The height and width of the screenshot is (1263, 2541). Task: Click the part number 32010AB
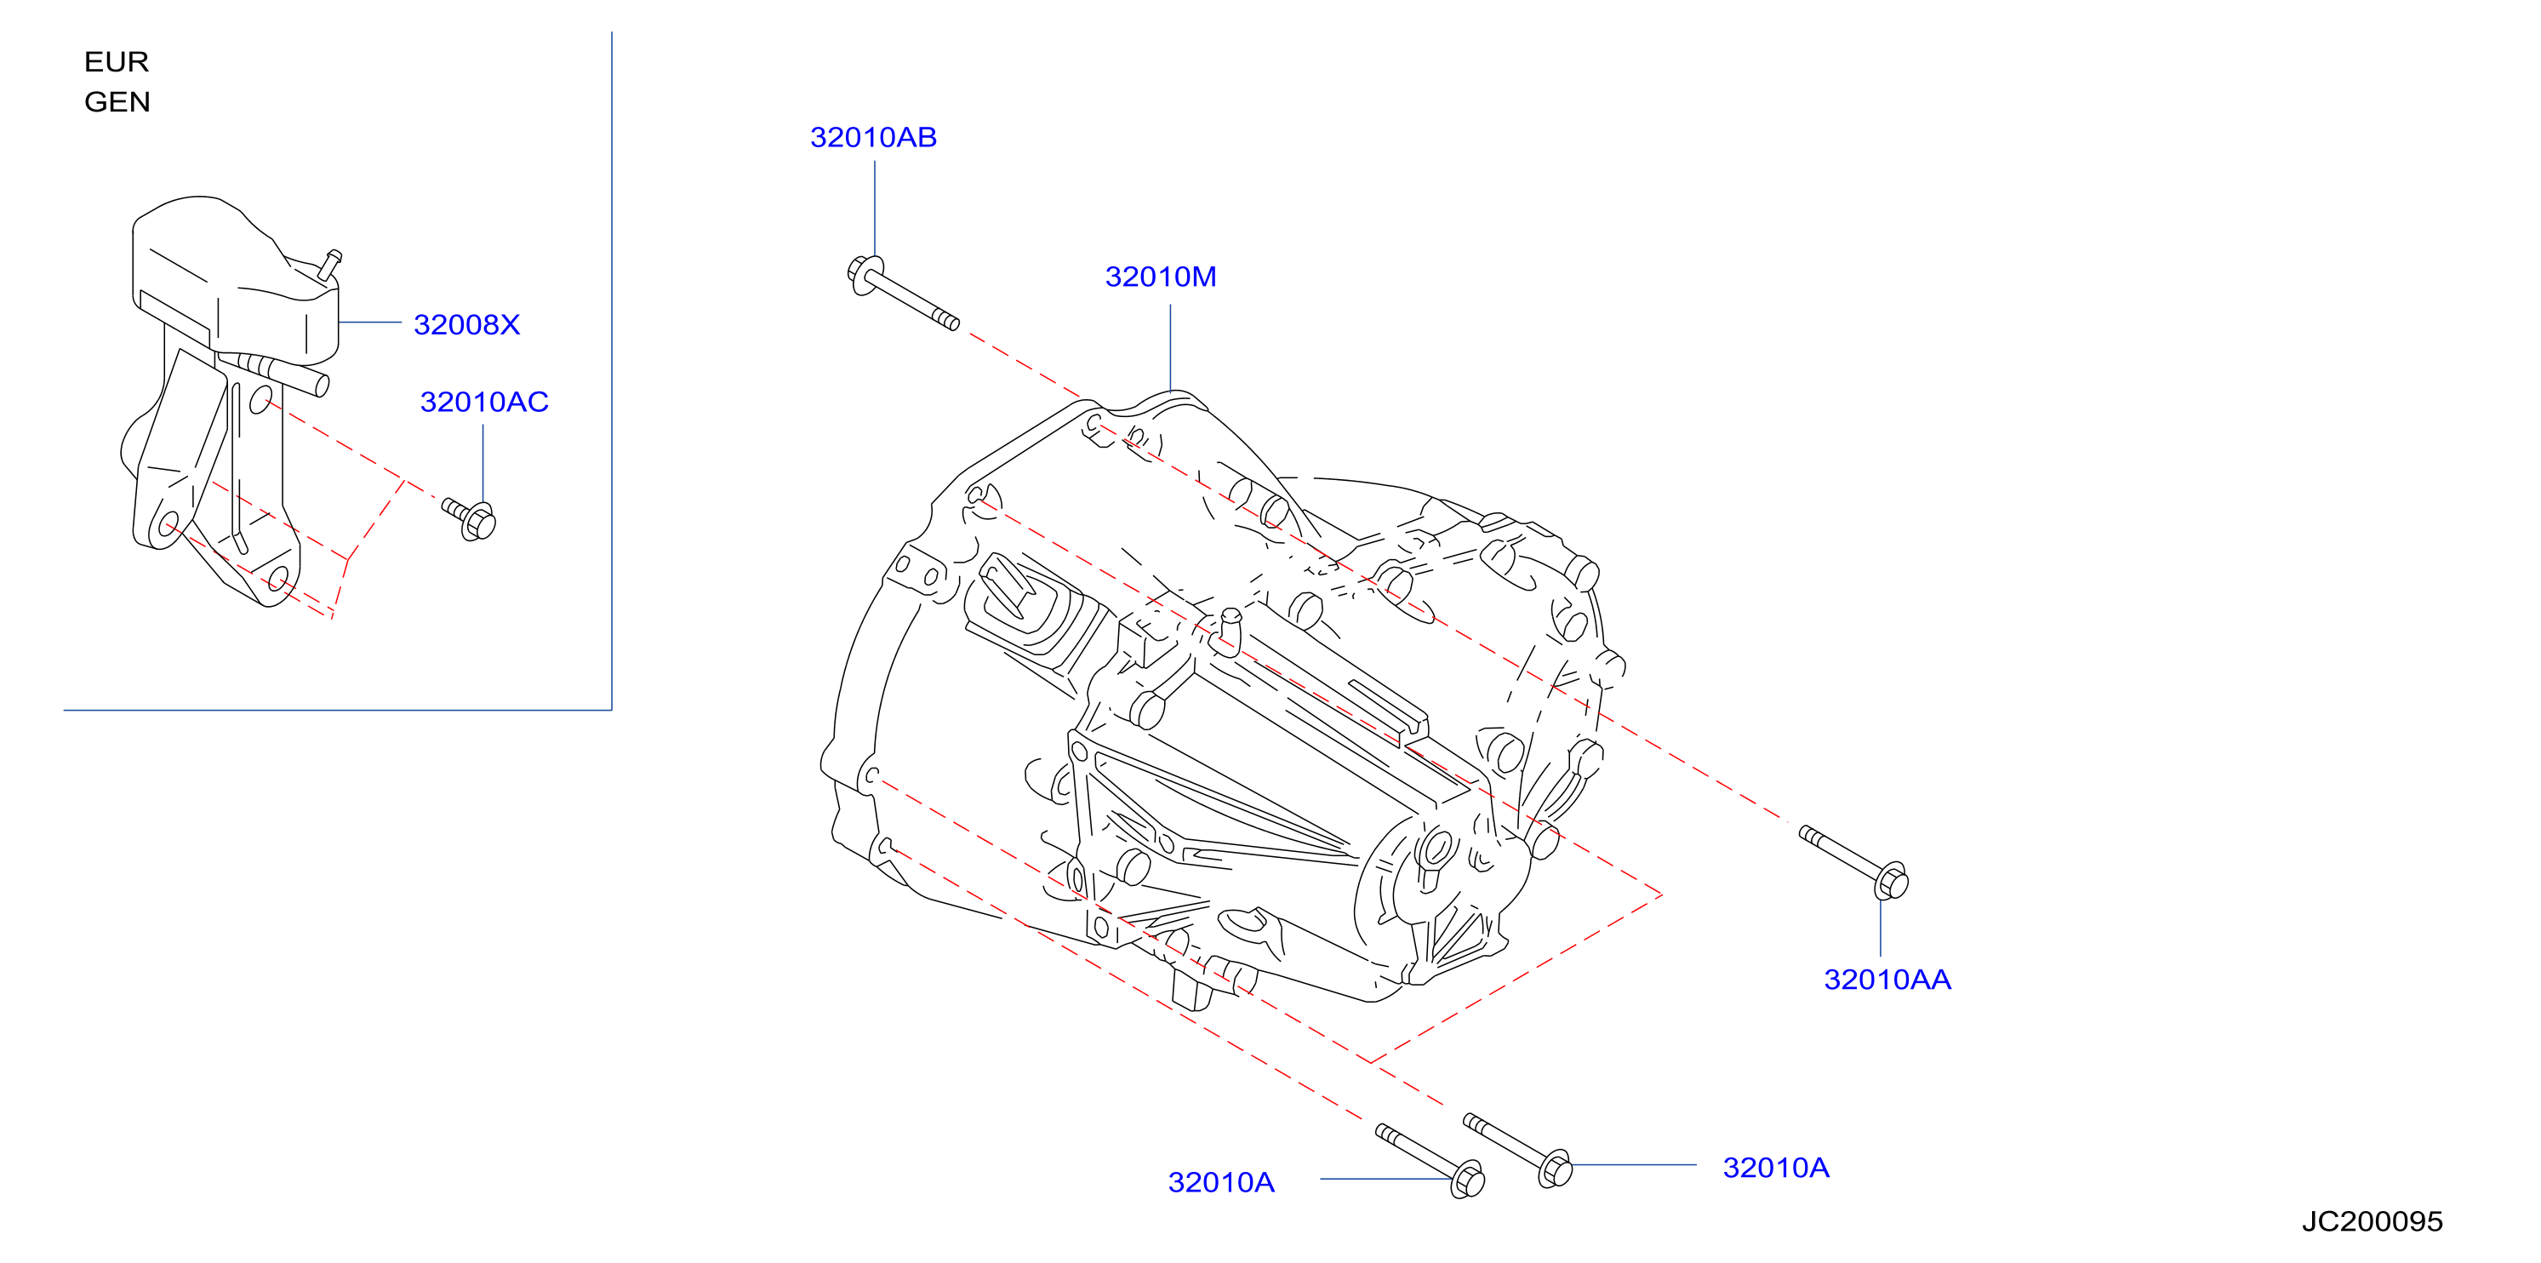coord(873,137)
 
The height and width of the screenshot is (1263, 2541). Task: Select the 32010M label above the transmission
coord(1160,277)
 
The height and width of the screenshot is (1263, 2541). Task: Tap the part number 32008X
coord(466,324)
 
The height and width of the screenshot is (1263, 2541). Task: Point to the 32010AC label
coord(484,402)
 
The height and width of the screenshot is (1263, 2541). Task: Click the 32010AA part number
coord(1887,980)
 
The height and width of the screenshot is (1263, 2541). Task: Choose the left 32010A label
coord(1221,1182)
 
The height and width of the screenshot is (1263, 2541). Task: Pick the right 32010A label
coord(1775,1168)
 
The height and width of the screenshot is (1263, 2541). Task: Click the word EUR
coord(117,62)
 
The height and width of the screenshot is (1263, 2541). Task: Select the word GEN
coord(117,101)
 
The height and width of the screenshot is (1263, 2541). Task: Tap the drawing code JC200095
coord(2373,1221)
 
